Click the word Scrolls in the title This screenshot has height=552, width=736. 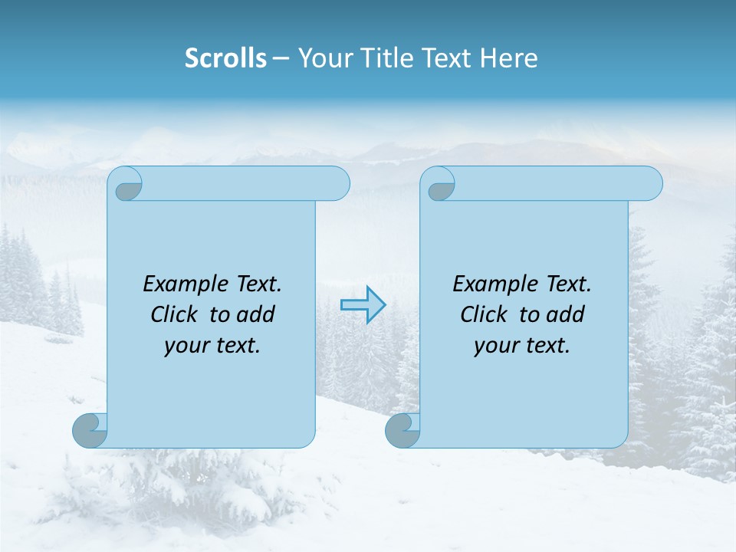pos(225,58)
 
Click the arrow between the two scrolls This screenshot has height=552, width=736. pos(363,305)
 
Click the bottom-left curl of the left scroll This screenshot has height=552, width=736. pos(90,430)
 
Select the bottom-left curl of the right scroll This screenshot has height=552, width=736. pos(402,430)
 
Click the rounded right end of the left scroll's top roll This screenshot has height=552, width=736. pos(337,184)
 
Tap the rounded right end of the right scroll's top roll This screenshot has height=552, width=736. pos(650,184)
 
